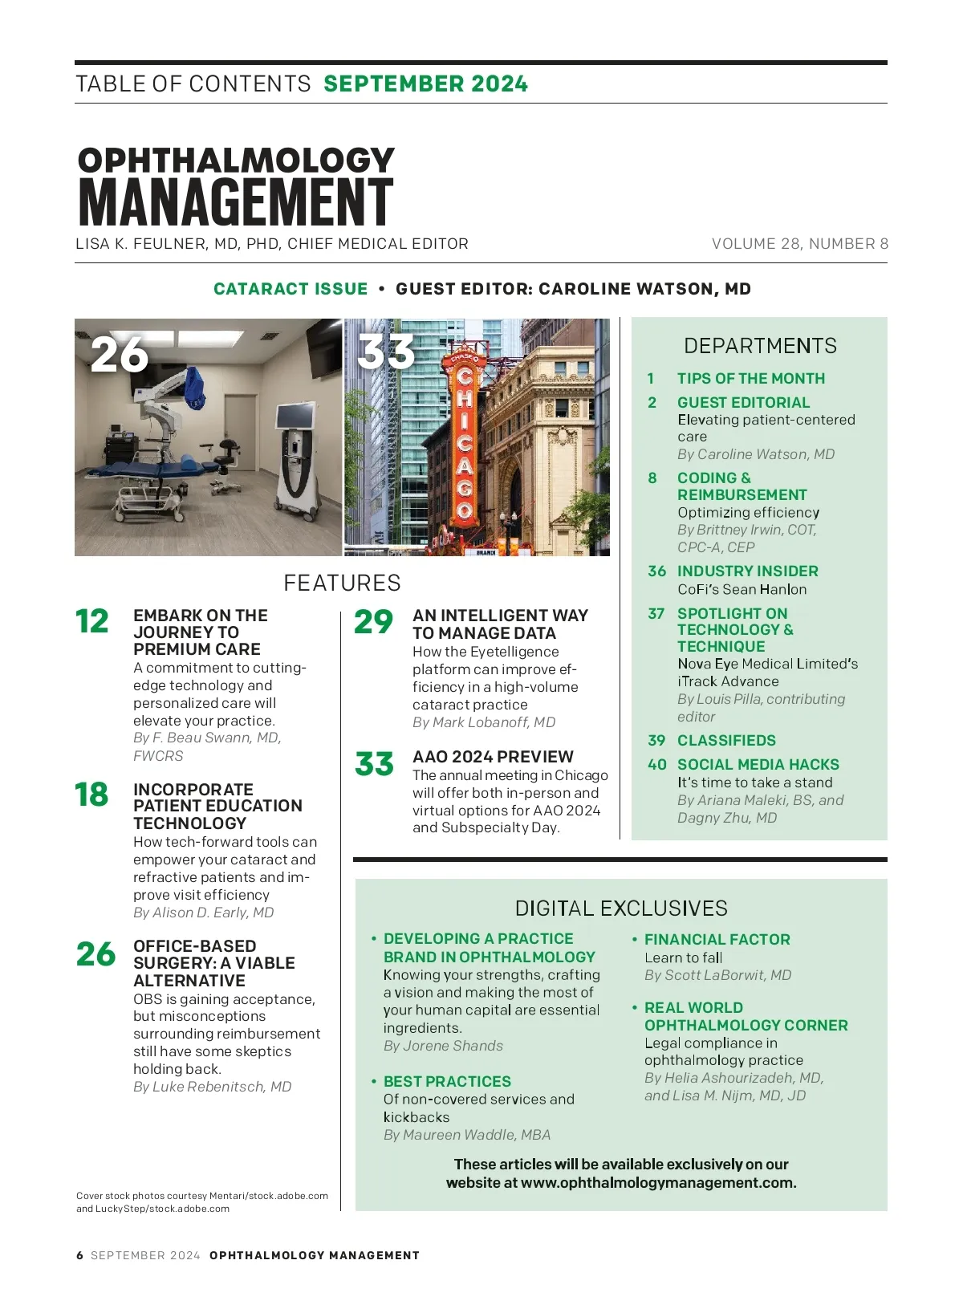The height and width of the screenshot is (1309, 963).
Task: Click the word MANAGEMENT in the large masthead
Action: [x=235, y=201]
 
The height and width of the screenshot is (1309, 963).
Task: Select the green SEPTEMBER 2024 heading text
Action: [x=425, y=83]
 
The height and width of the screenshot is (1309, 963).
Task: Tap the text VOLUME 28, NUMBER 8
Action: [x=799, y=244]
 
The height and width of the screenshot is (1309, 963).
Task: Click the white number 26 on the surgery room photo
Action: [x=120, y=354]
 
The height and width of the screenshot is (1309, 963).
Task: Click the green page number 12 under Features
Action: [x=92, y=622]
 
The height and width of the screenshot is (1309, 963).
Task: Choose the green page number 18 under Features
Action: [x=91, y=795]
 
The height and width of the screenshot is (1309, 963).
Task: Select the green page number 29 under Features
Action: [x=373, y=622]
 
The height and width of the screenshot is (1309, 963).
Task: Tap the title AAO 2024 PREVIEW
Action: [x=493, y=757]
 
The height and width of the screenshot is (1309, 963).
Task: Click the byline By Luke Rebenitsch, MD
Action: [x=212, y=1087]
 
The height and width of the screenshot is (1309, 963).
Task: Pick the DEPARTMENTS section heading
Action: [x=760, y=346]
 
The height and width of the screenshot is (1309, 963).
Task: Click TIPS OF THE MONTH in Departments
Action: [x=750, y=379]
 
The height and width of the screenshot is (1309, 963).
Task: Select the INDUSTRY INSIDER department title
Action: [x=747, y=571]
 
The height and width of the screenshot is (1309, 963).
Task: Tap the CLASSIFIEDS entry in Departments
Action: [x=726, y=741]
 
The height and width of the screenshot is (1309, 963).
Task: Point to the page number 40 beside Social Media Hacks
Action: [x=656, y=765]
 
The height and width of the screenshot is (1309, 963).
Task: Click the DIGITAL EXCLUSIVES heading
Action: [x=621, y=909]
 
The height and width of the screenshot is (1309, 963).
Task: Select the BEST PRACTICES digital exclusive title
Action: [x=447, y=1082]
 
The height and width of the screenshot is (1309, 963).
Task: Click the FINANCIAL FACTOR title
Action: [x=717, y=940]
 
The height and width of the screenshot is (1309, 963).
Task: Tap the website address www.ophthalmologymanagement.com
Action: [x=658, y=1183]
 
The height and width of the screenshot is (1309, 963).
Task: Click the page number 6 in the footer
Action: [x=79, y=1255]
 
